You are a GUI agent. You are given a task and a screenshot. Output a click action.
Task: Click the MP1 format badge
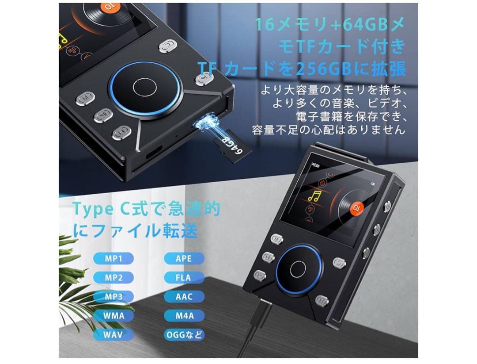114,258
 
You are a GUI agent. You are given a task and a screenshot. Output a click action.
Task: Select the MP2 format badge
114,278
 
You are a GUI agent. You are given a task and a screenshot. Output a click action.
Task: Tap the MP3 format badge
114,297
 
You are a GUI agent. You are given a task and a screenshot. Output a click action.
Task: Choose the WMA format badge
114,316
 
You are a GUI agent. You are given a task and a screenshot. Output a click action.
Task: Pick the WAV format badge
114,335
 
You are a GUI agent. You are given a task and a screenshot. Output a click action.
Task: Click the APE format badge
184,258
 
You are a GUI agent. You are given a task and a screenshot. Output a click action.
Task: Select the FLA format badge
184,278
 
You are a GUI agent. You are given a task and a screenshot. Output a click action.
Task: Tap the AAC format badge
184,297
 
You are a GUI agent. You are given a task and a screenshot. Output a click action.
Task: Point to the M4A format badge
184,316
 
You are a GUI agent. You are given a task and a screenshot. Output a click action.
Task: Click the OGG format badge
184,335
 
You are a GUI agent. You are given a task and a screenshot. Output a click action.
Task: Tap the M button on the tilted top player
85,96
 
